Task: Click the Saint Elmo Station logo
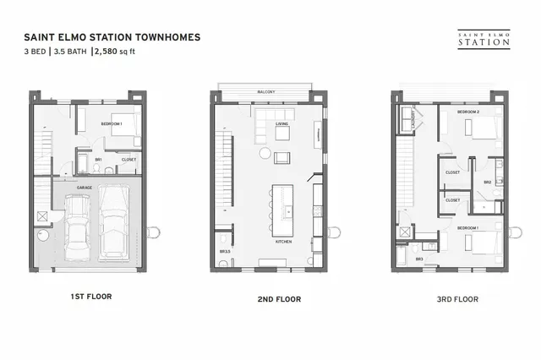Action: pos(471,38)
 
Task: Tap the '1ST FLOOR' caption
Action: pos(92,297)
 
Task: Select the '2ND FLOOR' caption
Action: pos(278,298)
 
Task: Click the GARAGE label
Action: pos(85,186)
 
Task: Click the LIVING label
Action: pos(282,123)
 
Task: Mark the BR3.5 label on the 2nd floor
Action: pos(224,252)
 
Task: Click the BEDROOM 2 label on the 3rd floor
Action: pos(468,112)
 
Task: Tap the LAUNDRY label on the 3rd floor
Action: pos(413,123)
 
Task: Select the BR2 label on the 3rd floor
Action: pos(488,182)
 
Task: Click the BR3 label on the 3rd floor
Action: pos(418,259)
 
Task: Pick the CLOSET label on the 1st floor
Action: pos(128,159)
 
